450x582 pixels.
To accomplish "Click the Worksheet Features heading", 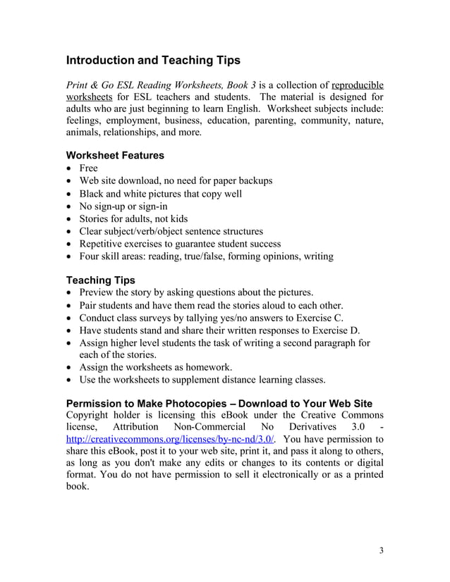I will point(115,155).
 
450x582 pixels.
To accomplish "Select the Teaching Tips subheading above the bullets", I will point(100,280).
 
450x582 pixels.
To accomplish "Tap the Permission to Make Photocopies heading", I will point(219,404).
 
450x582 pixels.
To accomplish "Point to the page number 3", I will point(381,550).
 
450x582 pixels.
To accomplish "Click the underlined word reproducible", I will point(357,83).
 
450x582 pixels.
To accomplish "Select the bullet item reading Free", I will point(88,168).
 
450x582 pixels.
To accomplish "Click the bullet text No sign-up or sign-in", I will point(123,206).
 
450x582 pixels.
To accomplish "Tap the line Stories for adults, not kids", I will point(133,219).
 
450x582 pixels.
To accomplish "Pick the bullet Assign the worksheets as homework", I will point(155,368).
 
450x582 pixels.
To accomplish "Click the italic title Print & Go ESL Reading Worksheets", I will point(155,83).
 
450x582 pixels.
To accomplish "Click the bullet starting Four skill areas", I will point(206,256).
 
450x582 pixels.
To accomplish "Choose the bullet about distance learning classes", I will point(202,380).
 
